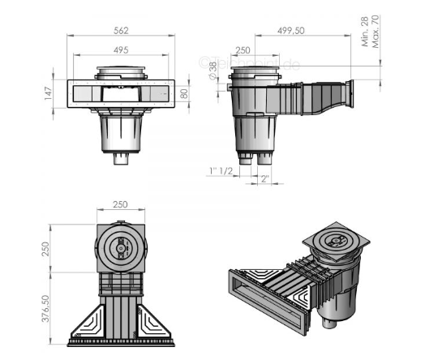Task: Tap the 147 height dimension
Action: coord(48,95)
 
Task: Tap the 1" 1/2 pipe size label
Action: coord(220,169)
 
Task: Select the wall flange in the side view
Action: coord(351,92)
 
